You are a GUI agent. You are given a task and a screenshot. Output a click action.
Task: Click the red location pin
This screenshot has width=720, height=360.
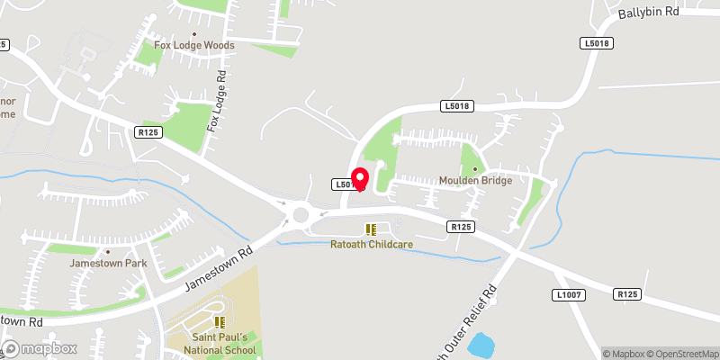[359, 178]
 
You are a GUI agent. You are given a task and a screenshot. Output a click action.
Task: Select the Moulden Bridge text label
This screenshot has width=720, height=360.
[475, 181]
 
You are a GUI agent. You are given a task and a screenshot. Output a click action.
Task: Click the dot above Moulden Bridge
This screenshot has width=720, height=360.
[475, 168]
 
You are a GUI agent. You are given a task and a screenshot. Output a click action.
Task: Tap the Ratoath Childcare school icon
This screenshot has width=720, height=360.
[370, 229]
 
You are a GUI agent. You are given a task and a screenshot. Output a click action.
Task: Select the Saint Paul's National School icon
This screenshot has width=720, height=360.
[219, 322]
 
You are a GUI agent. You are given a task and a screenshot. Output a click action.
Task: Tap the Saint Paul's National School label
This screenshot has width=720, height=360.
[220, 344]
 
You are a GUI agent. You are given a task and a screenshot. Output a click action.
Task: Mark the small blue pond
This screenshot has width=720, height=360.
[481, 346]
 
